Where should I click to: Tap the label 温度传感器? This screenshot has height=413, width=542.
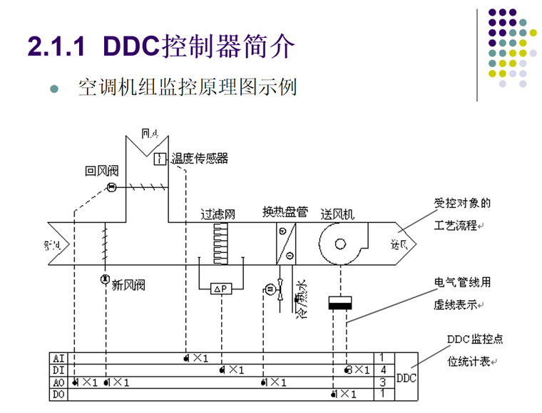click(x=200, y=159)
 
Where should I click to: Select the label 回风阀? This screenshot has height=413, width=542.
click(x=101, y=171)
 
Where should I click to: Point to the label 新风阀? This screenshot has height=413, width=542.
click(x=128, y=284)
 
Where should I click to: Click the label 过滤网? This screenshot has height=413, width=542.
click(x=218, y=214)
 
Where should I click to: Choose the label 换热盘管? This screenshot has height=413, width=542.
click(x=285, y=212)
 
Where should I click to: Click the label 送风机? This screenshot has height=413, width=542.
click(x=337, y=214)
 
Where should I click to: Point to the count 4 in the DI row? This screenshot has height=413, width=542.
click(x=383, y=370)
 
